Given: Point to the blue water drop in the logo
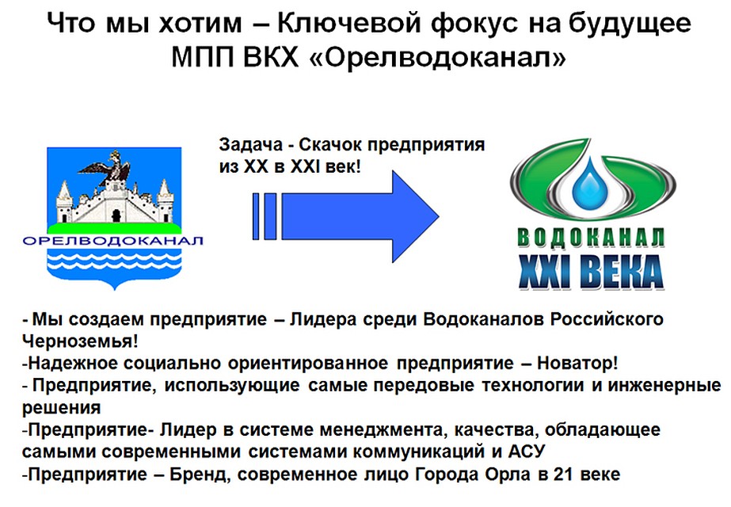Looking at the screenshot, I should pyautogui.click(x=587, y=185).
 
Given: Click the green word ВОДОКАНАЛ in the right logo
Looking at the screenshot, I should pyautogui.click(x=590, y=238).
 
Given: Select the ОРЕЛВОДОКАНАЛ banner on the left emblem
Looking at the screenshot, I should pyautogui.click(x=113, y=241).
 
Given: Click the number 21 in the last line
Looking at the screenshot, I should pyautogui.click(x=558, y=475).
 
